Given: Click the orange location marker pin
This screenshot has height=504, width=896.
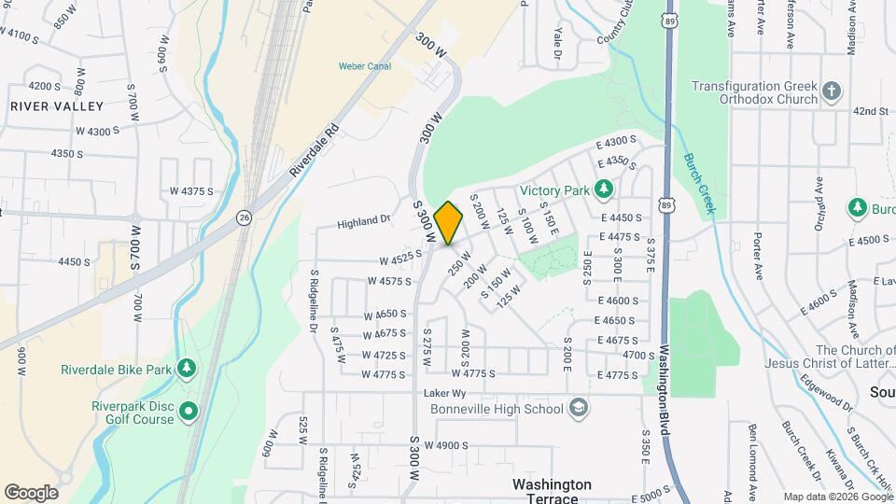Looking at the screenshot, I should [448, 222].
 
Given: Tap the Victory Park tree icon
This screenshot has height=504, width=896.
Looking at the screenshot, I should [604, 189].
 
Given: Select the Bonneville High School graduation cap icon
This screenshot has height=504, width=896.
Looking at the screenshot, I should [579, 408].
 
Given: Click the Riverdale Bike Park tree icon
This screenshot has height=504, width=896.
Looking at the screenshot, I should [188, 369].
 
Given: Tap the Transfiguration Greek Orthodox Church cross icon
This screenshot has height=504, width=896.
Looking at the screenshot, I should [832, 92].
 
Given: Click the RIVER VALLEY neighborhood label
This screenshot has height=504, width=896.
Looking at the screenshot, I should [56, 106].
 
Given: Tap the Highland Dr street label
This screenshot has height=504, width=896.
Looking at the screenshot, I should [364, 220].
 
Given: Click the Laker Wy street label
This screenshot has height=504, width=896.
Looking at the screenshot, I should [443, 393].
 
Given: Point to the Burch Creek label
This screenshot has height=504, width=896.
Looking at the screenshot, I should [698, 183].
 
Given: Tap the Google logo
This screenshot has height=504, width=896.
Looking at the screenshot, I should [31, 492].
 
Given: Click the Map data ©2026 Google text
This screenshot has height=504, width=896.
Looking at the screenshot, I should [837, 497].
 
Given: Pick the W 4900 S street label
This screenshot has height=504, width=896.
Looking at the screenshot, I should [445, 445].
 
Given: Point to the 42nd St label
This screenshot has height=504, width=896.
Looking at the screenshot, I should [870, 111].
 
